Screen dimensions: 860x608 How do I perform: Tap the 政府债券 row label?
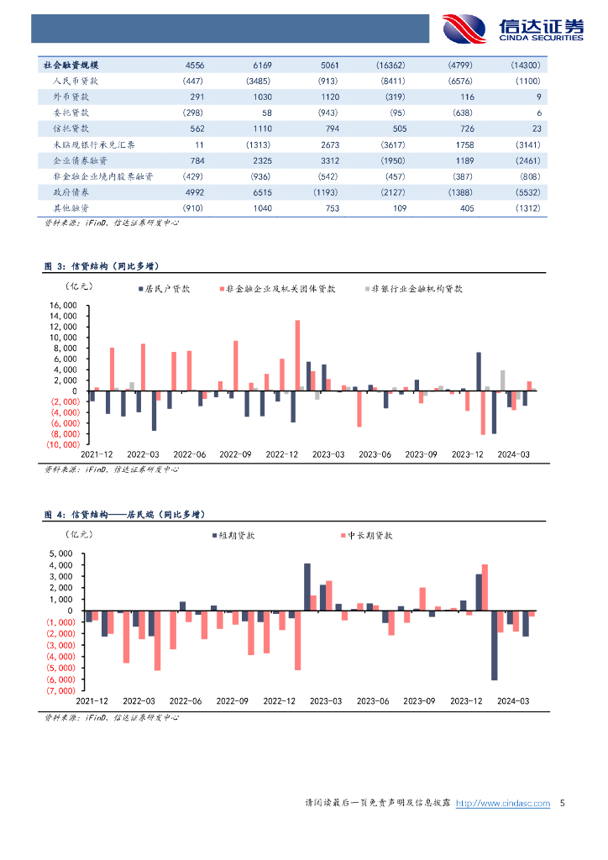pyautogui.click(x=66, y=192)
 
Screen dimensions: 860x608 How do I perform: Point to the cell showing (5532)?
pyautogui.click(x=525, y=192)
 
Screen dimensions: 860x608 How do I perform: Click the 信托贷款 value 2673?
pyautogui.click(x=328, y=144)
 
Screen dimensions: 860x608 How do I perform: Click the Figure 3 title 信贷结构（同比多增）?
pyautogui.click(x=102, y=266)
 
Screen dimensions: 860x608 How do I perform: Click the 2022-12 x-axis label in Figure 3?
pyautogui.click(x=282, y=454)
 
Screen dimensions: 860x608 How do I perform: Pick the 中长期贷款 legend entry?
pyautogui.click(x=370, y=534)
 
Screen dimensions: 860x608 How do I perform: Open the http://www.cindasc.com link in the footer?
pyautogui.click(x=502, y=804)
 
